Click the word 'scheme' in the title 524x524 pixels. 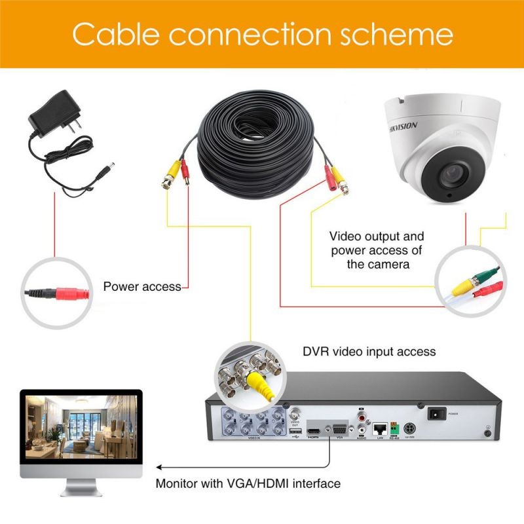pos(404,33)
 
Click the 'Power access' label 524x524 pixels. pos(141,286)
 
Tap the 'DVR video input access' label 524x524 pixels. pos(369,352)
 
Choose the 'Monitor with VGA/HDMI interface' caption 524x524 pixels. pos(248,484)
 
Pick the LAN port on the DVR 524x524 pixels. pos(379,429)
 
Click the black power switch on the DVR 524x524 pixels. pos(436,414)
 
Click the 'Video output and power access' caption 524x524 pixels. pos(377,250)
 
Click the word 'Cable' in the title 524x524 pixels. pos(115,33)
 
